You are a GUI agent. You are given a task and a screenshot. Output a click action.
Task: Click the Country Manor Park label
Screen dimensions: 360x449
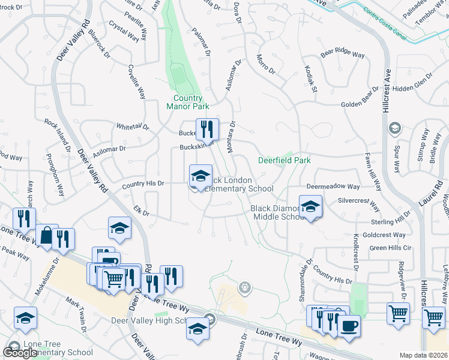[x=188, y=102]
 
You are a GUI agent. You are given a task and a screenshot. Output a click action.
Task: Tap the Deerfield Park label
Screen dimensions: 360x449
[x=285, y=160]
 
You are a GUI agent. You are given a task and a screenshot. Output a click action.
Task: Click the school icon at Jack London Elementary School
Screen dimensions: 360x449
[x=201, y=176]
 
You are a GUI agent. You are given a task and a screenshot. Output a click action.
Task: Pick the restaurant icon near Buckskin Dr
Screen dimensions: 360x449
[x=207, y=128]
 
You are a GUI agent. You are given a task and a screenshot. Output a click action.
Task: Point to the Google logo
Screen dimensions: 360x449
[x=20, y=353]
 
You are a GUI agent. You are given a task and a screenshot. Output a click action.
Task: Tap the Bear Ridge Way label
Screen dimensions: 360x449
[x=343, y=54]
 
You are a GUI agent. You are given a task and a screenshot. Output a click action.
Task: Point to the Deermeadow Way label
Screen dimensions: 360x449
[x=333, y=187]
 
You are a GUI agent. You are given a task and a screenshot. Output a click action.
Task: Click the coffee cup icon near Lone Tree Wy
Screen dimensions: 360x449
[x=349, y=325]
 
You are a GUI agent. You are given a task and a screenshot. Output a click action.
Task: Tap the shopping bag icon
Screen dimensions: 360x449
[x=46, y=235]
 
